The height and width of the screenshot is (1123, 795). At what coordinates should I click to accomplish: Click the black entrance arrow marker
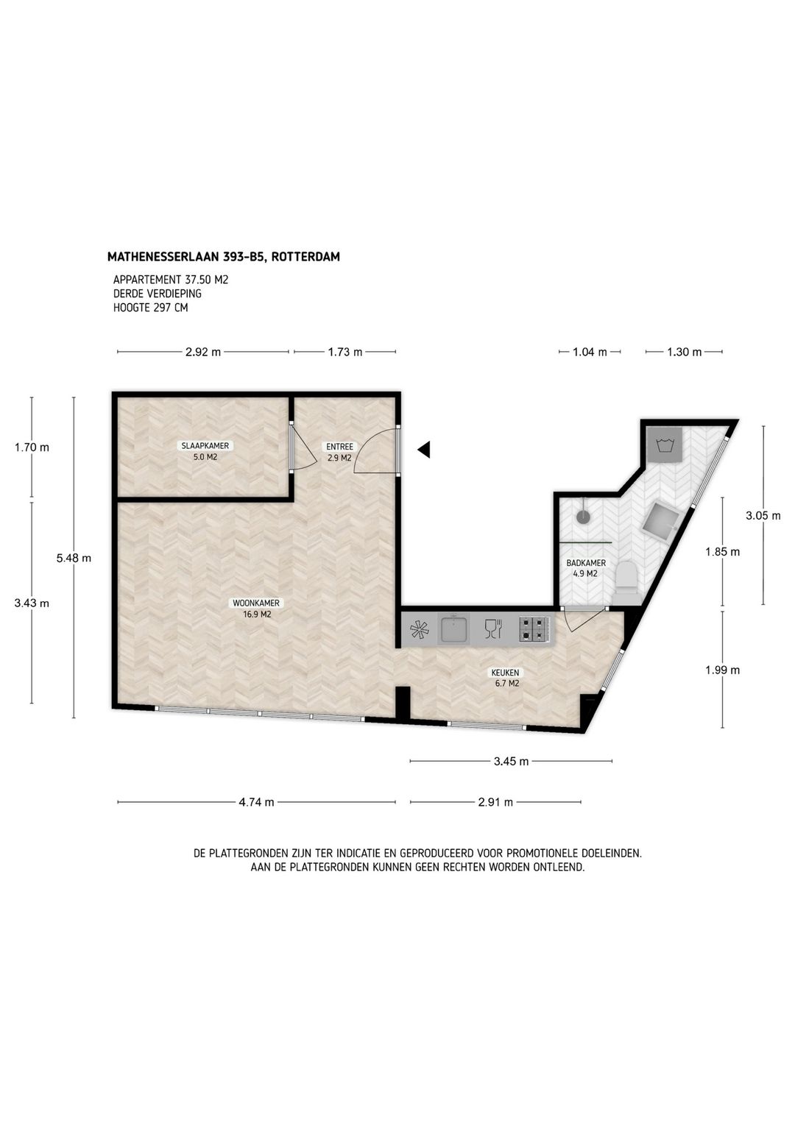(x=423, y=450)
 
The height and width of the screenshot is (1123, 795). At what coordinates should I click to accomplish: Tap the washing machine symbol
(x=664, y=444)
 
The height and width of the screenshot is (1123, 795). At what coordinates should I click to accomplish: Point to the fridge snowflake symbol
(x=420, y=630)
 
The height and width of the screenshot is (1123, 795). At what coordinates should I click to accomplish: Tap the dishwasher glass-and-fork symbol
(x=492, y=629)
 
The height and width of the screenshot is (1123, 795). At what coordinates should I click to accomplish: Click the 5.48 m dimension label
(x=74, y=558)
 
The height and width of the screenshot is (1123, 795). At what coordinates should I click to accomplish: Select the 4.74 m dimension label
(x=256, y=802)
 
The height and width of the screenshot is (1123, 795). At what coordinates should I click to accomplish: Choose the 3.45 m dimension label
(x=511, y=762)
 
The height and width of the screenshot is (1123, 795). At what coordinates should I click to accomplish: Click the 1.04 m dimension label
(x=590, y=352)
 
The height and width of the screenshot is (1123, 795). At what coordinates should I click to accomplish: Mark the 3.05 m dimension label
(x=763, y=515)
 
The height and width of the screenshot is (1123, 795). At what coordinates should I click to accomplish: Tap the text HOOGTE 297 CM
(x=150, y=308)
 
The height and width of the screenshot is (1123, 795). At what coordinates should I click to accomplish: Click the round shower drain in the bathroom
(x=584, y=517)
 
